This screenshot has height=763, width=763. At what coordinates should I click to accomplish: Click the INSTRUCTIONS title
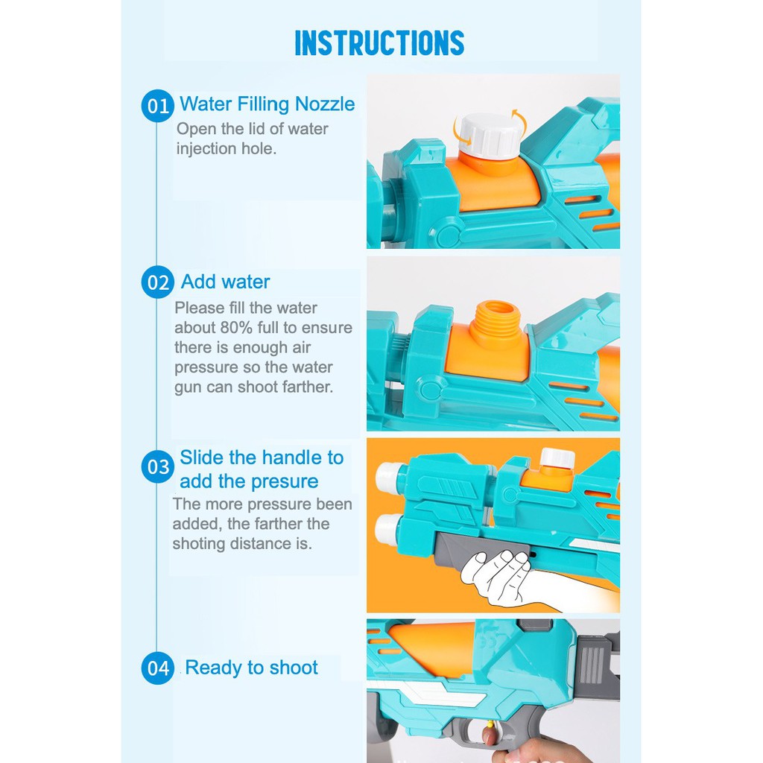(x=379, y=42)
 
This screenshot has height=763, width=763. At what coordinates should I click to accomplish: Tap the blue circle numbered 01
(x=158, y=106)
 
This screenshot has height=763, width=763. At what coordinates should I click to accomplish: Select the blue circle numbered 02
(x=158, y=282)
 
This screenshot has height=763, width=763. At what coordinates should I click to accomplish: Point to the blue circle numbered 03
(x=158, y=467)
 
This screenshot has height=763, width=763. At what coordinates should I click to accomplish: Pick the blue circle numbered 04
(x=158, y=668)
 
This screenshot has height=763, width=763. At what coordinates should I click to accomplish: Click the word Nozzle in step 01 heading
(x=325, y=104)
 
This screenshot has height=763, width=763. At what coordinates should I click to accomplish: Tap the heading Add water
(x=225, y=282)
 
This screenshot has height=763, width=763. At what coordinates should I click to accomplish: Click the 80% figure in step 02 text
(x=236, y=328)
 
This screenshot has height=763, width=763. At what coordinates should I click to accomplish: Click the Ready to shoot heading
(x=252, y=668)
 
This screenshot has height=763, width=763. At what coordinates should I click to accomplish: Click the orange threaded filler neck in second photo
(x=496, y=324)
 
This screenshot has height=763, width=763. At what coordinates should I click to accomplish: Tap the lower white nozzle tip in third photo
(x=388, y=528)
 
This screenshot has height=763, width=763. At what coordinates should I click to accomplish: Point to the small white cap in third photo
(x=557, y=458)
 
